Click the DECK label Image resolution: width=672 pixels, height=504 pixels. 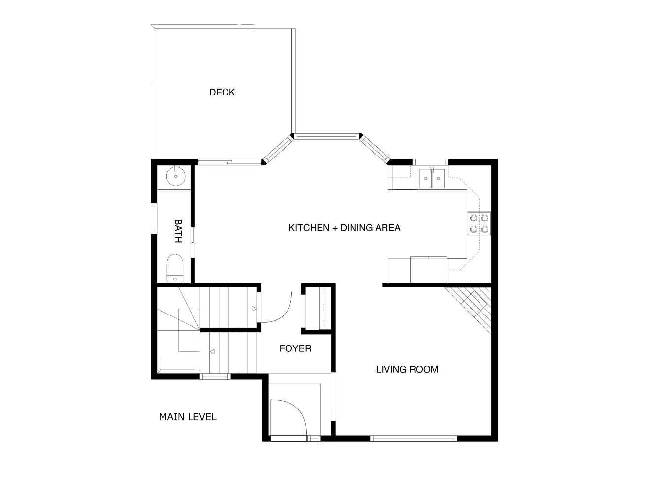tap(222, 92)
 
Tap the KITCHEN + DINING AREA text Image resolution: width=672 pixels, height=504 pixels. tap(344, 228)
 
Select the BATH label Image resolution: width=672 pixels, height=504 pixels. tap(178, 231)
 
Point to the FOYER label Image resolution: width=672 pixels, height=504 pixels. tap(295, 348)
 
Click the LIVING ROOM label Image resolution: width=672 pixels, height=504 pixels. tap(407, 369)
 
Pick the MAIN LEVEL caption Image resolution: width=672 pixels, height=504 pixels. tap(188, 417)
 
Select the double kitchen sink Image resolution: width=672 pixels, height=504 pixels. tap(432, 179)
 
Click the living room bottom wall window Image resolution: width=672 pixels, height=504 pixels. tap(414, 438)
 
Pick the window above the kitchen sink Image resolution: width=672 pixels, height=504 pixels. tap(430, 162)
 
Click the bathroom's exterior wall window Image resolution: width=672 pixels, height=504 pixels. tap(154, 219)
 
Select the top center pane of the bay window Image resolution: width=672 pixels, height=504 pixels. tap(327, 136)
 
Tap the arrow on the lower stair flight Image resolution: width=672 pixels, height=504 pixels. tap(213, 352)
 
